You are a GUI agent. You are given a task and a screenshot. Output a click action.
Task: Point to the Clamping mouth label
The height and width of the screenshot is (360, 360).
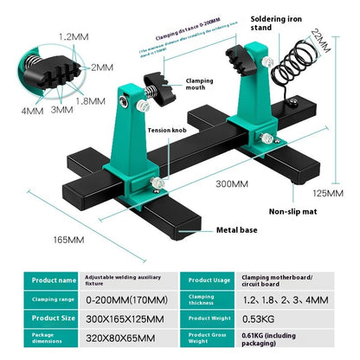tap(200, 85)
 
